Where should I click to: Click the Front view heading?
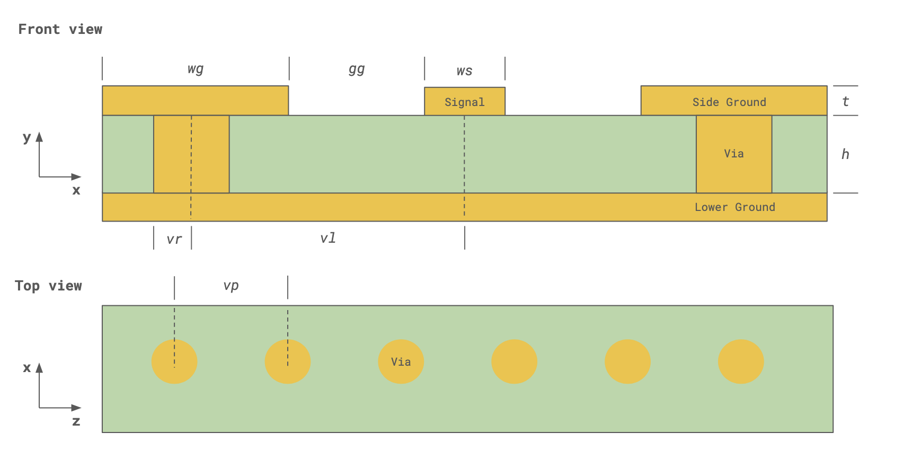(x=60, y=29)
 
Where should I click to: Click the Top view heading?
(x=48, y=286)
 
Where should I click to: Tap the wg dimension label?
(x=196, y=69)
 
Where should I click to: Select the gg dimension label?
(x=357, y=69)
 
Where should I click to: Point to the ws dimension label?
(x=464, y=71)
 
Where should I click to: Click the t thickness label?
(x=845, y=101)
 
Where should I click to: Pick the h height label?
(x=845, y=154)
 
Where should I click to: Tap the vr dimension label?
(x=174, y=239)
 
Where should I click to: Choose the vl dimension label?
(x=328, y=238)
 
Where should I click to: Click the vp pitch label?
(x=231, y=285)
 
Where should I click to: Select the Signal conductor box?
(x=465, y=101)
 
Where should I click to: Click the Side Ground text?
(x=729, y=102)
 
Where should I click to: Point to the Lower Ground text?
(x=734, y=207)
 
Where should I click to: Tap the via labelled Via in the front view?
(x=734, y=154)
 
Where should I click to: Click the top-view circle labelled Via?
(x=401, y=361)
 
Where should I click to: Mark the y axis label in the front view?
(x=26, y=137)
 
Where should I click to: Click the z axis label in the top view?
(x=76, y=421)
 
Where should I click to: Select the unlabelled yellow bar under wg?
(x=196, y=101)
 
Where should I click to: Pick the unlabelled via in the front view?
(x=191, y=154)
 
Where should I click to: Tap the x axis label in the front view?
(x=76, y=190)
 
